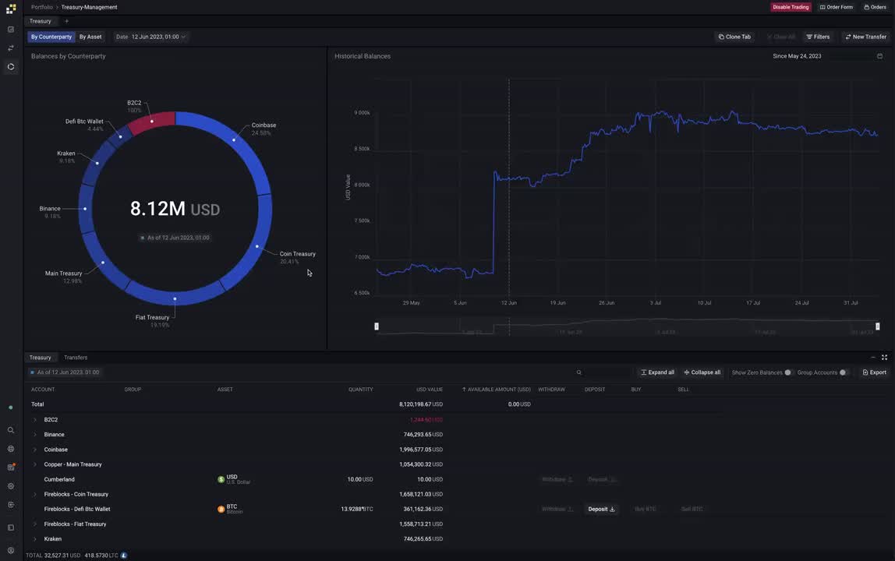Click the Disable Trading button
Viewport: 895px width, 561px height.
tap(791, 7)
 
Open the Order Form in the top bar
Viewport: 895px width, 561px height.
tap(837, 7)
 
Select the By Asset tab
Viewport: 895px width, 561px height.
tap(90, 37)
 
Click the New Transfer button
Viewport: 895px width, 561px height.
tap(865, 37)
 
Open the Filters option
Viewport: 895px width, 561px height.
tap(818, 37)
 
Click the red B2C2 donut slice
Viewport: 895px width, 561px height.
tap(152, 122)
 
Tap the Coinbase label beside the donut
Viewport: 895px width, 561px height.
tap(264, 125)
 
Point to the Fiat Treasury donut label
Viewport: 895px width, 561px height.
tap(152, 318)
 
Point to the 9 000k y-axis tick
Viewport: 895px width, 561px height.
tap(362, 113)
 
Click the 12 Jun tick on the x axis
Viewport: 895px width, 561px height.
tap(508, 302)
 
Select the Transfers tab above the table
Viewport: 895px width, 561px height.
tap(76, 358)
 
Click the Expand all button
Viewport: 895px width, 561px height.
tap(657, 372)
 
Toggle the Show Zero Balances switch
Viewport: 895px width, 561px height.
tap(787, 372)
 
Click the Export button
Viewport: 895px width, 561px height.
tap(874, 372)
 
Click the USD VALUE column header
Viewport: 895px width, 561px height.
tap(429, 390)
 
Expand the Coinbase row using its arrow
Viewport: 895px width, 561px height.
tap(34, 450)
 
